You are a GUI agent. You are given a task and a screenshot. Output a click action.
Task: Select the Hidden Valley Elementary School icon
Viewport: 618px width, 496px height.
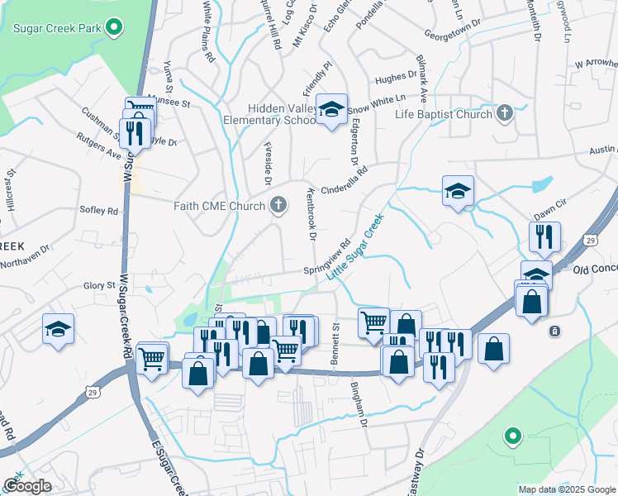pyautogui.click(x=331, y=109)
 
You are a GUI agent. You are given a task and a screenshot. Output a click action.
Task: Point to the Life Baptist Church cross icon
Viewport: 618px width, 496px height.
pyautogui.click(x=504, y=113)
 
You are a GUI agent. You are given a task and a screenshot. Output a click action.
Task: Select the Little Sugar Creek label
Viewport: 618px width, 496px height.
pyautogui.click(x=355, y=246)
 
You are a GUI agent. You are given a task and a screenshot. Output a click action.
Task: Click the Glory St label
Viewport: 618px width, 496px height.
pyautogui.click(x=98, y=285)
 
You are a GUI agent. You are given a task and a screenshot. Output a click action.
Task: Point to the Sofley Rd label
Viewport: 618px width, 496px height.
pyautogui.click(x=99, y=211)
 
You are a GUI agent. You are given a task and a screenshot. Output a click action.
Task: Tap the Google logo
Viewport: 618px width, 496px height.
pyautogui.click(x=28, y=486)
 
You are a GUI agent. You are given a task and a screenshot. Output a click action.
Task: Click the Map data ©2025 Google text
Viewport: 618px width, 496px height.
pyautogui.click(x=567, y=489)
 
